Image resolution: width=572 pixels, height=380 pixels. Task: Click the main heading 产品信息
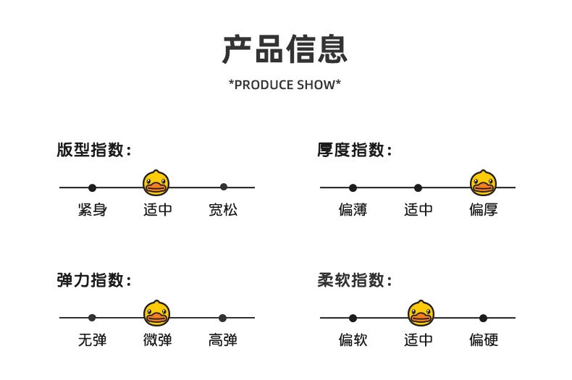pos(285,49)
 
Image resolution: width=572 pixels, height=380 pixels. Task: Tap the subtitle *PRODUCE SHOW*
pos(285,85)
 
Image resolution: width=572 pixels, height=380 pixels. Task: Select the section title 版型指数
pos(94,150)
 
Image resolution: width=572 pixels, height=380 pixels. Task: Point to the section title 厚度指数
pos(355,150)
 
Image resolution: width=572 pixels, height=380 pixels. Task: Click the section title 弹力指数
pos(94,279)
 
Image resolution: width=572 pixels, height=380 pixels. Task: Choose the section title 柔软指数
pos(355,279)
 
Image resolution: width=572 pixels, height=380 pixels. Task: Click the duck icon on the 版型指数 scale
pos(156,182)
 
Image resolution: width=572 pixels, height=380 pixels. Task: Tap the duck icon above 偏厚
pos(484,182)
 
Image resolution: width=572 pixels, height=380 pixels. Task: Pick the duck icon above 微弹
pos(156,313)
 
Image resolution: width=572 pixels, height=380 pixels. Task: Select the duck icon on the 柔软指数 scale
pos(421,313)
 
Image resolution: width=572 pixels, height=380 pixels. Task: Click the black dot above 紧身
pos(92,187)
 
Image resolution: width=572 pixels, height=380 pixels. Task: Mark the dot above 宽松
pos(224,187)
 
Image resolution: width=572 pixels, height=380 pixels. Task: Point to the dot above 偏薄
pos(353,187)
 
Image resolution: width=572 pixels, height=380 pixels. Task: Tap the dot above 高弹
pos(222,318)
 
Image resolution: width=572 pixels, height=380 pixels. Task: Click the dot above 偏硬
pos(484,318)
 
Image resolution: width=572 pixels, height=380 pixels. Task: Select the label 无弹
pos(92,340)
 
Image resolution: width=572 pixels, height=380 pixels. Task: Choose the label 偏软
pos(353,340)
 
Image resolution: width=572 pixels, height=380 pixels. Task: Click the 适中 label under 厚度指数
pos(418,210)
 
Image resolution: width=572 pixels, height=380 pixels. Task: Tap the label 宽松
pos(223,210)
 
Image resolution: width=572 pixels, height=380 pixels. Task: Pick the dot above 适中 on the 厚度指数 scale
pos(418,187)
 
